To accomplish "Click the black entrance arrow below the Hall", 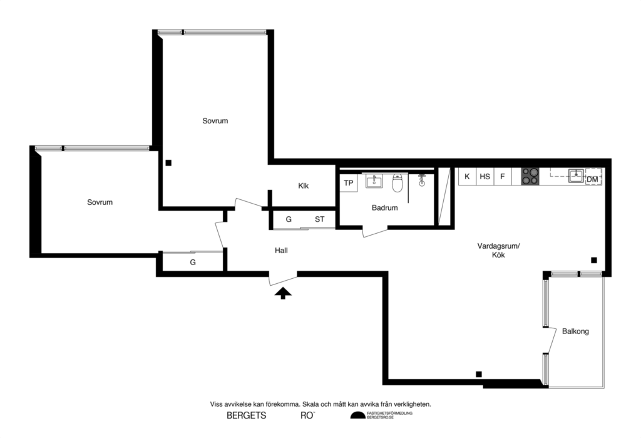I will tap(283, 293).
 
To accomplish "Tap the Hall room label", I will tap(281, 251).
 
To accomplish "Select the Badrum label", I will tap(384, 208).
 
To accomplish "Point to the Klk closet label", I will tap(304, 186).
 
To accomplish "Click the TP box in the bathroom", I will tap(349, 183).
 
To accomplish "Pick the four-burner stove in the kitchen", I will tap(530, 177).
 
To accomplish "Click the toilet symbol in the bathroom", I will tap(397, 184).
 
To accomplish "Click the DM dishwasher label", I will tap(592, 180).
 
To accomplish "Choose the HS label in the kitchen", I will tap(485, 177).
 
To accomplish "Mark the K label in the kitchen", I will tap(467, 177).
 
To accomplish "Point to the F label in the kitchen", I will tap(502, 177).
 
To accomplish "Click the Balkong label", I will tap(575, 331).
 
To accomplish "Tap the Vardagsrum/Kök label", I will tap(498, 251).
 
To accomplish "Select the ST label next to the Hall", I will tap(319, 219).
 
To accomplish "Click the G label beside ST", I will tap(289, 219).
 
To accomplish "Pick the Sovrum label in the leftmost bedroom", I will tap(100, 202).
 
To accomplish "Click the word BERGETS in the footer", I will tap(246, 415).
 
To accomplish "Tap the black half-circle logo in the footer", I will tap(357, 415).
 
